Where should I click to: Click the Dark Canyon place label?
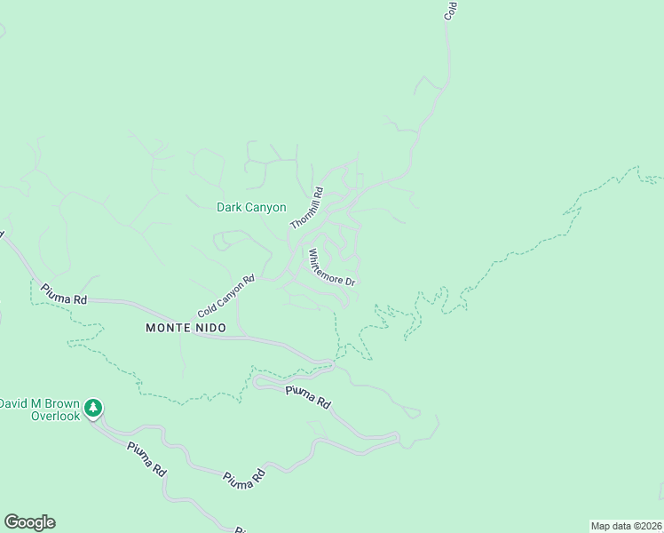click(251, 208)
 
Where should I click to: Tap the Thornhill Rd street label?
click(307, 208)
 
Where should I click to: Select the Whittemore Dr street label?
click(331, 267)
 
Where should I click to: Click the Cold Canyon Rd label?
click(225, 298)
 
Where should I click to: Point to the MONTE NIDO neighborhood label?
click(186, 328)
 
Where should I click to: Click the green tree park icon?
click(93, 409)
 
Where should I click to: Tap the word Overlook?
click(55, 415)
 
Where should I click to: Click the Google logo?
click(29, 522)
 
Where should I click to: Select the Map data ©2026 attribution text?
click(626, 525)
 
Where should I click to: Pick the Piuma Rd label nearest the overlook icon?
click(147, 457)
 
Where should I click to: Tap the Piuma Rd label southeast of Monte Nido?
click(308, 396)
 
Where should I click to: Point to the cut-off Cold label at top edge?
click(450, 10)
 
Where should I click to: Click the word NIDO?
click(208, 328)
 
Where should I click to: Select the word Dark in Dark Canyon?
click(230, 208)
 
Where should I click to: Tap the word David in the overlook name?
click(14, 403)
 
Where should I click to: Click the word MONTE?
click(166, 328)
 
